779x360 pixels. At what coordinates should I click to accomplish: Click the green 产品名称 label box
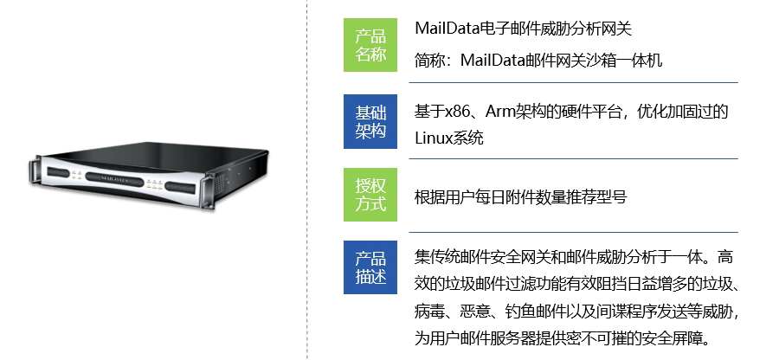370,45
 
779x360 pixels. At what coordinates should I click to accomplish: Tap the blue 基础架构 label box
370,121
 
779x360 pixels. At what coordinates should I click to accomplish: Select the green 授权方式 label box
370,195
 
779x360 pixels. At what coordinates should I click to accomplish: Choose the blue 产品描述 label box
370,267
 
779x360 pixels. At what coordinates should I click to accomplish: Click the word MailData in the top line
447,29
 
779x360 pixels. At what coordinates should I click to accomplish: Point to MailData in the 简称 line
493,61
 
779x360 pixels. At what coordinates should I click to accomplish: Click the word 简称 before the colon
430,61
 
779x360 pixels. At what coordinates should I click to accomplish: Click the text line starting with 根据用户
521,197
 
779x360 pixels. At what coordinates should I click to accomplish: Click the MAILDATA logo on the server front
114,178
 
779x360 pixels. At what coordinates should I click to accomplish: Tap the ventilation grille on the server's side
219,183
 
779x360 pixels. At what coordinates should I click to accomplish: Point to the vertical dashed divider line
307,180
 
